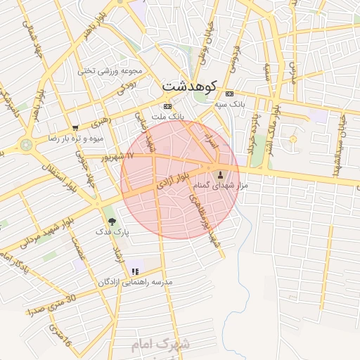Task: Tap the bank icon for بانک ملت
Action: [167, 106]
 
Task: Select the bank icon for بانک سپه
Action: [229, 94]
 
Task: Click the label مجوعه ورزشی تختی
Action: [110, 70]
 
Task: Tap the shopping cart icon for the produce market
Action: [75, 128]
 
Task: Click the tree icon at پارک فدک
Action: [112, 221]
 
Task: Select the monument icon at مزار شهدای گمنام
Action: [221, 175]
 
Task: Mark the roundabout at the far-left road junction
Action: [27, 145]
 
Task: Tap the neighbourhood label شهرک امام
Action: [160, 345]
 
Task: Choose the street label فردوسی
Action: [234, 58]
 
